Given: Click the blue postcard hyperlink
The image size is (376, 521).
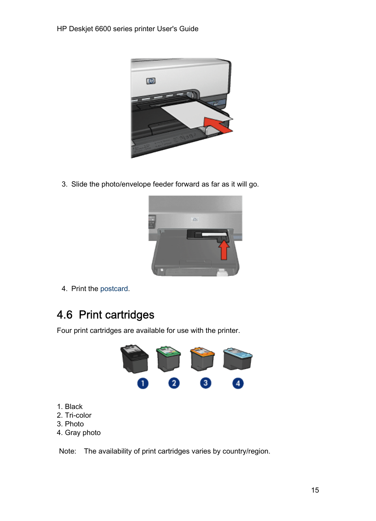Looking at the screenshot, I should [114, 289].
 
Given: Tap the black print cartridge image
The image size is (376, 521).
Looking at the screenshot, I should [134, 359].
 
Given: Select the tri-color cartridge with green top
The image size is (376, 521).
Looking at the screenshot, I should [168, 359].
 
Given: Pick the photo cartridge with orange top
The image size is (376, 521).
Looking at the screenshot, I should [202, 359].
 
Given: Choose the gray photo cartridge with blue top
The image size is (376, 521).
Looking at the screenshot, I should [237, 359].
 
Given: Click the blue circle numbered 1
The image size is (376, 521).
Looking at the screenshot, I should [143, 383].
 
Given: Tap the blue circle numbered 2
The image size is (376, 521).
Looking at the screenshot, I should [174, 383].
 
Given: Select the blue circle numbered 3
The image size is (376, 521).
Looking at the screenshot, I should [205, 383].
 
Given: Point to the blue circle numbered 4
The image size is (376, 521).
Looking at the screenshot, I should [238, 383].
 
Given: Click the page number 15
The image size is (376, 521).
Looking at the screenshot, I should [315, 490].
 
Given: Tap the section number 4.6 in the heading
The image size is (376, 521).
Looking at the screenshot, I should [65, 315].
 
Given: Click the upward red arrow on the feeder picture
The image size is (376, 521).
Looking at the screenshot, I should [224, 250].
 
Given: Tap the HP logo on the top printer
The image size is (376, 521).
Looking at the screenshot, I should [151, 81].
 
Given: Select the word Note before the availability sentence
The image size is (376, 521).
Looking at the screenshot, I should [67, 451].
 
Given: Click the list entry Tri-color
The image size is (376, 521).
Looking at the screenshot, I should [78, 415].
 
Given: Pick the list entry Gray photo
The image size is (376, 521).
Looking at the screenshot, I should [83, 433].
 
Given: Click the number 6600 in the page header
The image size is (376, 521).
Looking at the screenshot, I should [103, 29].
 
